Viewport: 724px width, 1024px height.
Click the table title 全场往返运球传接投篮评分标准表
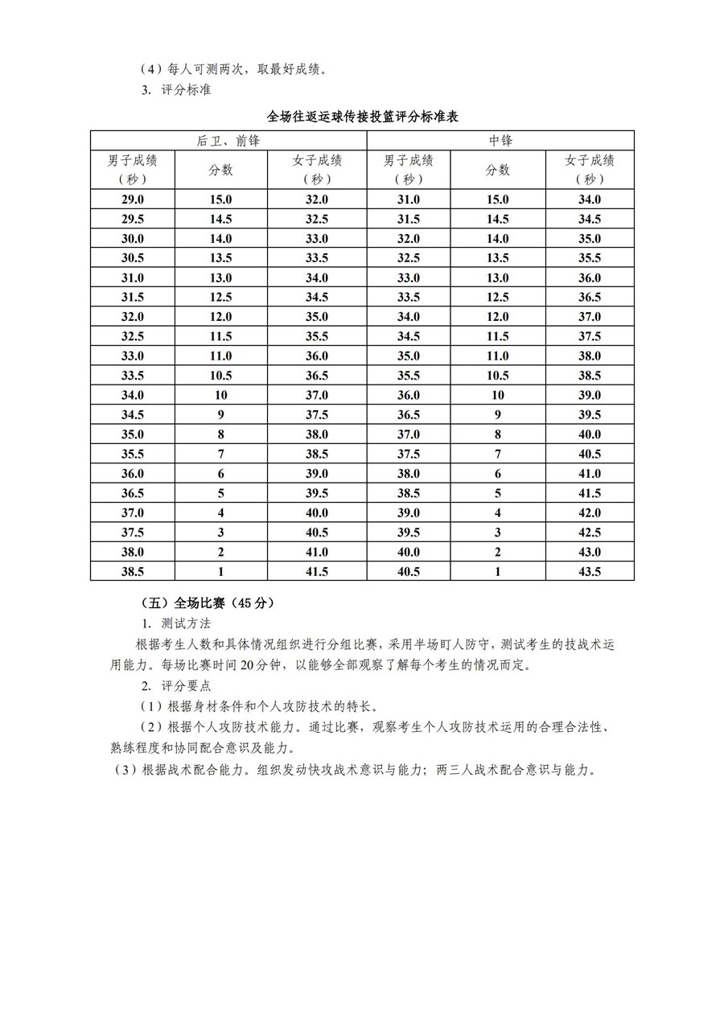[x=362, y=117]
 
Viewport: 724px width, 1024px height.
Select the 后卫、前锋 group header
[x=228, y=141]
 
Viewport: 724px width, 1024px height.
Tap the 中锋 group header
[x=500, y=141]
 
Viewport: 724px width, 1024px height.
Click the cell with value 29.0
[x=132, y=199]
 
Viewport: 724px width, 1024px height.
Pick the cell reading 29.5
[x=132, y=219]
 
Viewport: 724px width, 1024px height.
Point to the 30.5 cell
[x=132, y=258]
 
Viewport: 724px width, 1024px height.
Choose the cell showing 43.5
[x=590, y=571]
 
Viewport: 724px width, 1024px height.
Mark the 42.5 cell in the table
[x=590, y=533]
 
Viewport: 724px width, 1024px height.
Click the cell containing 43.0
[x=590, y=552]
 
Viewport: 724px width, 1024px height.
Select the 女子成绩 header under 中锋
[x=590, y=169]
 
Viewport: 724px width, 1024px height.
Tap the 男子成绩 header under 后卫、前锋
[x=132, y=169]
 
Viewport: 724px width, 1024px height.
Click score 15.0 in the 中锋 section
[x=497, y=199]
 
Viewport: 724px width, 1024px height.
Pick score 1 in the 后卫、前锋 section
[x=220, y=571]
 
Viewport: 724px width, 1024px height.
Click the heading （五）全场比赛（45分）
[x=207, y=602]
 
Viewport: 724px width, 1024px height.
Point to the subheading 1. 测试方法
[x=176, y=623]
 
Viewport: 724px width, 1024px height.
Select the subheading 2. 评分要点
[x=176, y=686]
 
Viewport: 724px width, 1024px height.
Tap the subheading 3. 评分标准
[x=176, y=90]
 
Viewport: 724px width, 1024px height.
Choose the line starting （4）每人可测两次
[x=233, y=69]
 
